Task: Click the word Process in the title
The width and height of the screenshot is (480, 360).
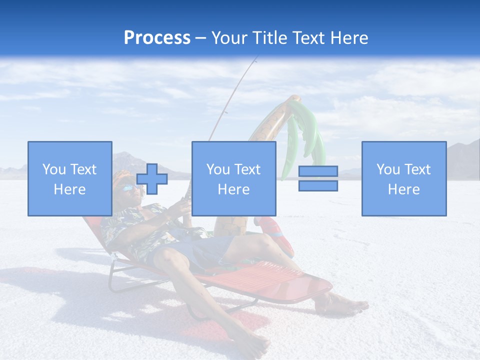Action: [x=157, y=37]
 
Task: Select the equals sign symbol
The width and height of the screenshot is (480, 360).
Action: [x=318, y=179]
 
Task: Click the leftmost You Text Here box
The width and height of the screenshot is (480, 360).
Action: [x=69, y=178]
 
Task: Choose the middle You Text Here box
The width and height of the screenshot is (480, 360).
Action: [x=233, y=178]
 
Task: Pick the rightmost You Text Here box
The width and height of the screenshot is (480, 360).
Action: [x=403, y=178]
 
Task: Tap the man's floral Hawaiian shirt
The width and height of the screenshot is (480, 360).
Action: [x=135, y=225]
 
